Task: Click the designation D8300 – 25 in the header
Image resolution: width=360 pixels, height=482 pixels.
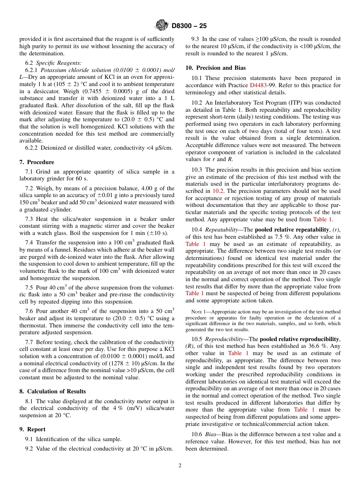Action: [189, 26]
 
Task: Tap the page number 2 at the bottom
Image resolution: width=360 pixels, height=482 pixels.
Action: [180, 466]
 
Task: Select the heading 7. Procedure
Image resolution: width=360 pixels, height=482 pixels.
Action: [37, 162]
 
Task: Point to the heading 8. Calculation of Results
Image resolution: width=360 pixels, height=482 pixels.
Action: [53, 391]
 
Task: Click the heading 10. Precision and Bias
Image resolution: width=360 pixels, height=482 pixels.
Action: [210, 68]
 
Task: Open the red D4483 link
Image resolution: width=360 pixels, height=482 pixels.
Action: [258, 85]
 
